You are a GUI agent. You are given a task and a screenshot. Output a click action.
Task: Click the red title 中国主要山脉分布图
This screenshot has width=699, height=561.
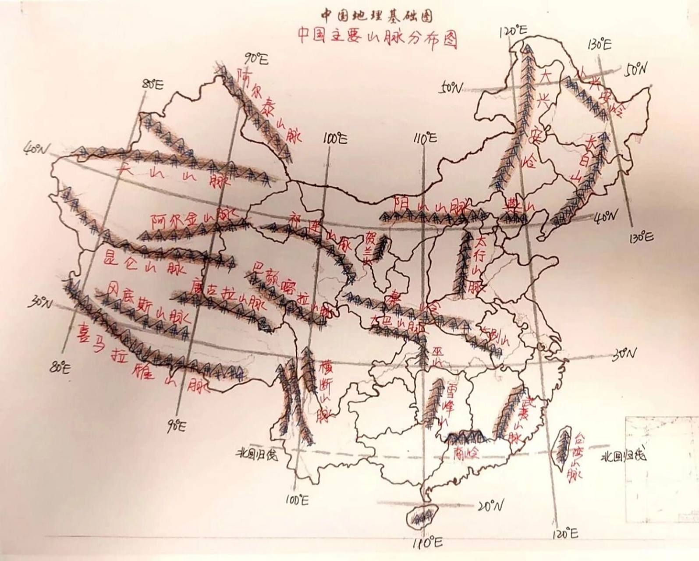(x=377, y=39)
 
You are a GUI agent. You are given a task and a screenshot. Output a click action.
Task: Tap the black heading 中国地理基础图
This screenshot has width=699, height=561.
(x=377, y=16)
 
